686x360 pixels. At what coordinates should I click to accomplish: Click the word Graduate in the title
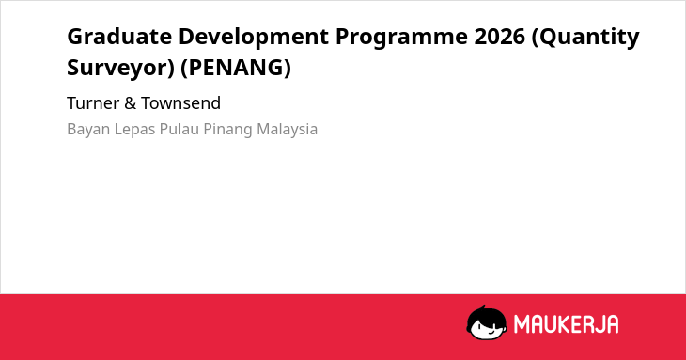(119, 36)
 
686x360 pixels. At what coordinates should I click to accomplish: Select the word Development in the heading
(254, 36)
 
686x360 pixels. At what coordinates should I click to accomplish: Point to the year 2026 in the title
(500, 36)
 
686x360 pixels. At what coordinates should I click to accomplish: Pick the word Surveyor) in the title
(120, 69)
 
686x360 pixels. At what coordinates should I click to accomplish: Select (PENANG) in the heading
(236, 68)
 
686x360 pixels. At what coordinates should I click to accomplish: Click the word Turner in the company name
(93, 103)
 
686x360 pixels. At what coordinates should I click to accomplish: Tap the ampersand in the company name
(131, 103)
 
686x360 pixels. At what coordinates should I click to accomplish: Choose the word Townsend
(180, 103)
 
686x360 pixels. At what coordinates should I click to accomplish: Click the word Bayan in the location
(88, 130)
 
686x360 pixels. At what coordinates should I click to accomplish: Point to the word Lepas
(134, 130)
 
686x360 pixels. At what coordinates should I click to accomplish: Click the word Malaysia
(287, 130)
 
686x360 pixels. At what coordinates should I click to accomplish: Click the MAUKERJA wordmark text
(566, 324)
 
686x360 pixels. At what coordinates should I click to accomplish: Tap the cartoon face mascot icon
(487, 322)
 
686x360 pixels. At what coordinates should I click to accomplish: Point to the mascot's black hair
(486, 315)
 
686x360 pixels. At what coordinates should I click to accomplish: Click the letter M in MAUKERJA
(522, 324)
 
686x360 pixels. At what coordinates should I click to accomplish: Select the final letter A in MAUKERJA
(612, 324)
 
